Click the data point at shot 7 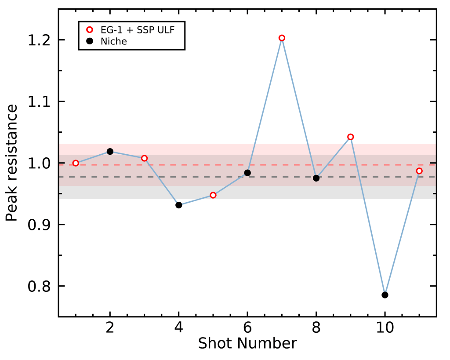pos(282,38)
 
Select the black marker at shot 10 pos(385,295)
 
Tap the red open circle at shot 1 pos(76,163)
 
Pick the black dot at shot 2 pos(110,152)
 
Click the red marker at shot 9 pos(350,137)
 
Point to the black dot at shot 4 pos(178,205)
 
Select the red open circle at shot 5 pos(213,195)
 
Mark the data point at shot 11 pos(419,171)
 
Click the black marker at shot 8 pos(316,178)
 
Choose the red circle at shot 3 pos(144,158)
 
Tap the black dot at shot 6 pos(247,173)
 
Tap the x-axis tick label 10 pos(385,328)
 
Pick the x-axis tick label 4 pos(178,328)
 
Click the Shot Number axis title pos(247,343)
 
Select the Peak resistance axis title pos(12,163)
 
